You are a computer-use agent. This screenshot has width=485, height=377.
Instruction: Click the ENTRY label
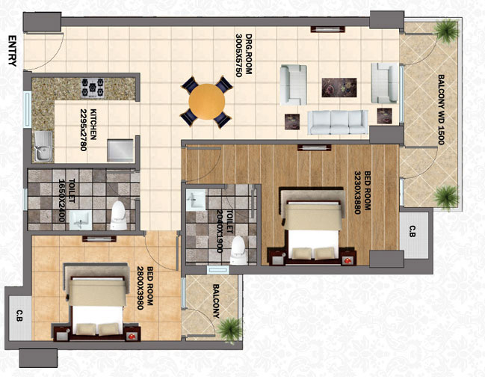12,51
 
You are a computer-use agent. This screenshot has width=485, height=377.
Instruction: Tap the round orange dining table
207,101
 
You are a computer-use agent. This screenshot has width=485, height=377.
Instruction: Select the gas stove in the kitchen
93,88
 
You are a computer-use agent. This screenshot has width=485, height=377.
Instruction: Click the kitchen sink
43,146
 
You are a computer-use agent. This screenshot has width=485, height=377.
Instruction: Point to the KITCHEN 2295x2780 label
88,129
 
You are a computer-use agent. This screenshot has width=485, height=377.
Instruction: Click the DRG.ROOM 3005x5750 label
244,55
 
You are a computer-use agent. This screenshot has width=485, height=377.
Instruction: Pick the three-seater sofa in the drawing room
338,122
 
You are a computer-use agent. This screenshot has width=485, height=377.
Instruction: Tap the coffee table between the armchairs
339,88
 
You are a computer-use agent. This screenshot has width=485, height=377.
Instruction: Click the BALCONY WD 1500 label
442,109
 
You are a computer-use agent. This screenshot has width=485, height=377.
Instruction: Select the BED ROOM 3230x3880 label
362,192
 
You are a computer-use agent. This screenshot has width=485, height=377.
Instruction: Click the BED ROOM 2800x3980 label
145,288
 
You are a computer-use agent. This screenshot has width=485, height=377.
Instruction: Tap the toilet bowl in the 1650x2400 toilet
119,215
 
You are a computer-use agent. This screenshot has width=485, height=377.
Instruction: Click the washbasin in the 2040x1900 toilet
196,200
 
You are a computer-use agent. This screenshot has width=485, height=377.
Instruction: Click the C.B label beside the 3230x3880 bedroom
413,231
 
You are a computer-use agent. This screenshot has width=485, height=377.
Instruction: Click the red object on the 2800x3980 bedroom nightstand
132,336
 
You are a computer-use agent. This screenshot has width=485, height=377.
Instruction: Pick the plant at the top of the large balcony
446,31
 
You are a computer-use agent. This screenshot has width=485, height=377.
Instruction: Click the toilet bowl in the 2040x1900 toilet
238,250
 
